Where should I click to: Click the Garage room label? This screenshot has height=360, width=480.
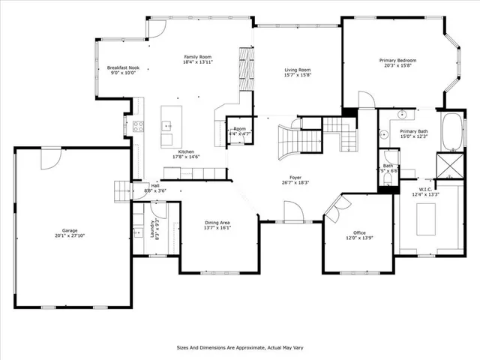click(x=72, y=230)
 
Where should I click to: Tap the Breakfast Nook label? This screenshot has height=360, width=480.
click(x=124, y=67)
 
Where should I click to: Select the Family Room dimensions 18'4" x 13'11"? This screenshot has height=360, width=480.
click(x=199, y=63)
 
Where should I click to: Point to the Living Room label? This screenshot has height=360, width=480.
click(x=297, y=70)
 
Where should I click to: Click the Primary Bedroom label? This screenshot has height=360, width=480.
click(x=397, y=60)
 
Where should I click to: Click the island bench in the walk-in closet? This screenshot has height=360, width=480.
click(x=424, y=217)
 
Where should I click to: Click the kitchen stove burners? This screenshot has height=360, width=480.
click(x=138, y=126)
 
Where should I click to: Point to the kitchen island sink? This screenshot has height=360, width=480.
click(x=168, y=126)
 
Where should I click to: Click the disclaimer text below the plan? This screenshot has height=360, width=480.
click(x=239, y=347)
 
